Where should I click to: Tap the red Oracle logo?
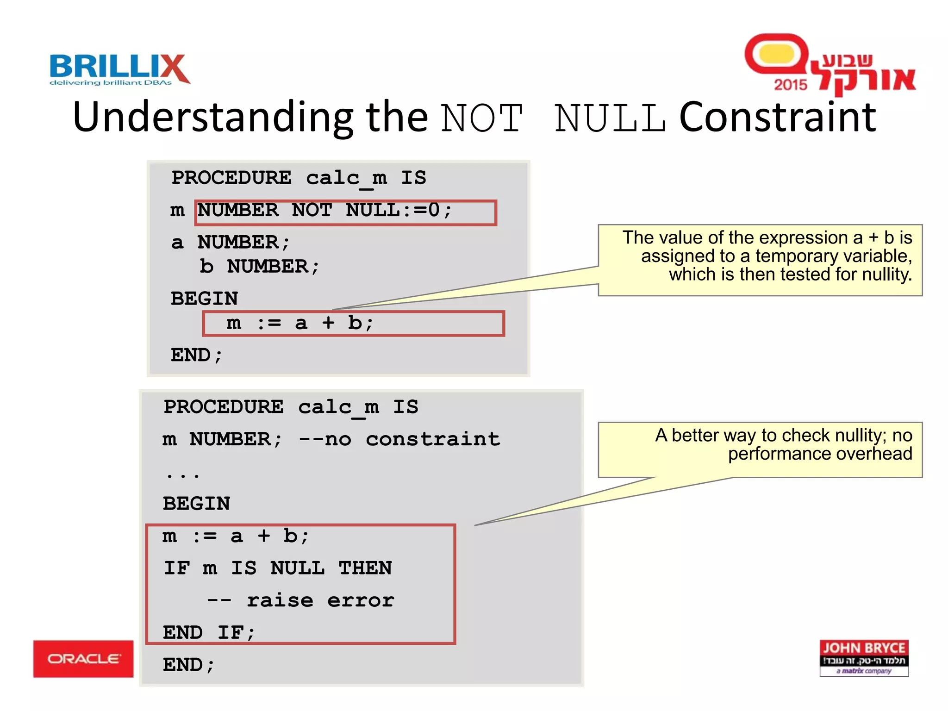point(83,659)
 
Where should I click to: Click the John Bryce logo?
point(864,658)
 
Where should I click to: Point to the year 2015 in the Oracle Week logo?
point(790,85)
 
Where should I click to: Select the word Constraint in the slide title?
point(778,117)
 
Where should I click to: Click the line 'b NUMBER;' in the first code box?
point(259,267)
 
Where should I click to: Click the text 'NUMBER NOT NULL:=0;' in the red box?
point(324,211)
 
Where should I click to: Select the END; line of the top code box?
point(197,355)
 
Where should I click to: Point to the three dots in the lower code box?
point(183,475)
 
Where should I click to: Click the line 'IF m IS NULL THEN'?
point(278,568)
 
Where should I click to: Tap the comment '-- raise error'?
point(301,600)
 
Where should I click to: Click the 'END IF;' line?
point(209,632)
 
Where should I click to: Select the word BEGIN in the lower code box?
point(196,504)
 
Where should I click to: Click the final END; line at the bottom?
point(188,665)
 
